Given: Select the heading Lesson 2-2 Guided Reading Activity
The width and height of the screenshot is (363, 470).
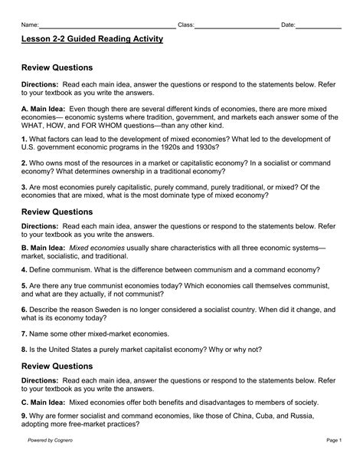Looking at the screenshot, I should pos(92,39).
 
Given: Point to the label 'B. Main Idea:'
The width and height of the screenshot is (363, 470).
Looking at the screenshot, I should pos(44,249).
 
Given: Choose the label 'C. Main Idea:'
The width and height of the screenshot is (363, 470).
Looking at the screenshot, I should pos(44,402).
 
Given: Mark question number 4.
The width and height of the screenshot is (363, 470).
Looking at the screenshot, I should pos(25,271).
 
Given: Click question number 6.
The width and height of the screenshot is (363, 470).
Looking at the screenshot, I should pos(25,309).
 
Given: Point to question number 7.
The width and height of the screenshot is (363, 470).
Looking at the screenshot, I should pos(25,334).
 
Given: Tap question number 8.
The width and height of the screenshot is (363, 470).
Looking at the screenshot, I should pos(25,348).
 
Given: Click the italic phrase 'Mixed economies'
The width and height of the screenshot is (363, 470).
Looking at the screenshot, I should pos(96,249).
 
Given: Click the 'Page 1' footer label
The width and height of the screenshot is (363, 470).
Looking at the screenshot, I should pos(332,461).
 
